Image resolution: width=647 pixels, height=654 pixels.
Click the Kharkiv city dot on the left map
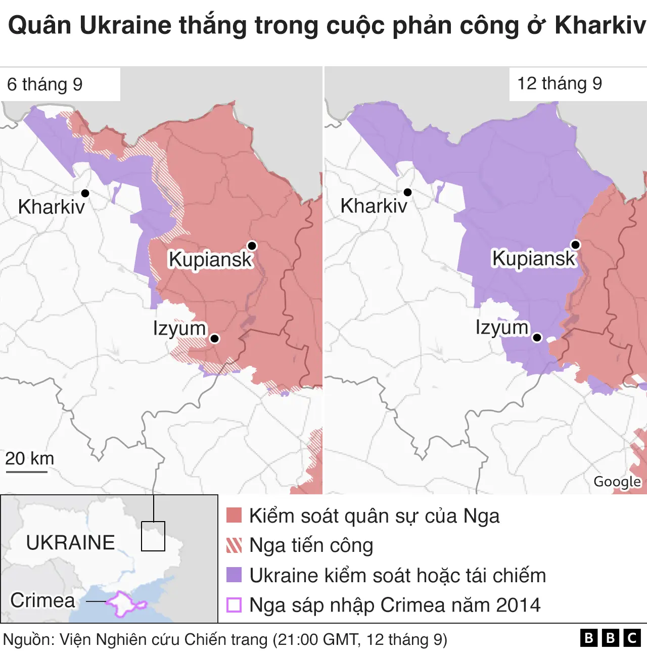(x=85, y=193)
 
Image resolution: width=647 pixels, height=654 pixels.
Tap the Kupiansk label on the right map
(x=534, y=258)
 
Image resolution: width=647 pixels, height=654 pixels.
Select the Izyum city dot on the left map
(x=214, y=339)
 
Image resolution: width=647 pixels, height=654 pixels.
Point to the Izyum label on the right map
(x=501, y=328)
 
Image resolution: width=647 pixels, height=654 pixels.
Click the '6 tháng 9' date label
(x=45, y=84)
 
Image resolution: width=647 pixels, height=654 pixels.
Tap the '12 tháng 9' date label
(x=560, y=83)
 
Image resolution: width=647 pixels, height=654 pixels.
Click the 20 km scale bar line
(x=26, y=472)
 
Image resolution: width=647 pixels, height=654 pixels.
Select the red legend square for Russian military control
(x=234, y=516)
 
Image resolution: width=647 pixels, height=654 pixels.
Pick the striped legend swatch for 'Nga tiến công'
(x=234, y=545)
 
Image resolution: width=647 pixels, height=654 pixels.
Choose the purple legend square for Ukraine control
(x=234, y=575)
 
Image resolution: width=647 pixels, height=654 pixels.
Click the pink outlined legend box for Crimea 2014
(x=234, y=605)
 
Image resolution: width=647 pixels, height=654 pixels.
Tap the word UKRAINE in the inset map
(x=70, y=543)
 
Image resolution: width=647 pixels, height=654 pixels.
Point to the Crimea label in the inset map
(x=42, y=600)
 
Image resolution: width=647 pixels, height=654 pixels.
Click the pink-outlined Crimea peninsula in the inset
(x=124, y=603)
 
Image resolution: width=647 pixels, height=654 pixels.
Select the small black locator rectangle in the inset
(x=153, y=536)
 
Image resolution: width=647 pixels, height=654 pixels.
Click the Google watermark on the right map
(x=617, y=482)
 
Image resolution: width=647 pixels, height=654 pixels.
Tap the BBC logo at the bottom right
(x=610, y=638)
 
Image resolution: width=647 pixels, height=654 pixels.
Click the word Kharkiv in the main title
(x=600, y=25)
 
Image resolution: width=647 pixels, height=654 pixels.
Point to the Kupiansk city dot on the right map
(x=575, y=245)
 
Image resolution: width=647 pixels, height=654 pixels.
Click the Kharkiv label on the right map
(x=374, y=206)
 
